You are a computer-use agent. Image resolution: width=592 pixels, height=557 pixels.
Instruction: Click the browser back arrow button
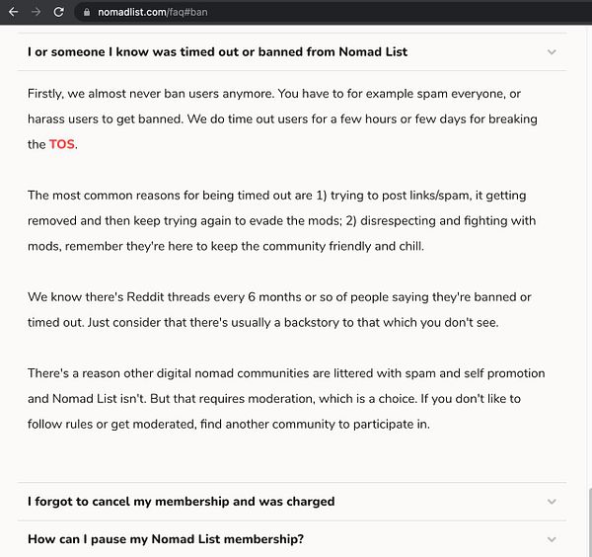13,12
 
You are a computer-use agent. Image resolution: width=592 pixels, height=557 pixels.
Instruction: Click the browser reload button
58,12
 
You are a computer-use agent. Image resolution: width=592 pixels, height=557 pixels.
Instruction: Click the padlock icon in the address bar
87,12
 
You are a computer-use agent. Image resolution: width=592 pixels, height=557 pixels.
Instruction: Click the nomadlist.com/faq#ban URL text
152,12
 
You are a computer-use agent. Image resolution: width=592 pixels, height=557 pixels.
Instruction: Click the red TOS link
62,144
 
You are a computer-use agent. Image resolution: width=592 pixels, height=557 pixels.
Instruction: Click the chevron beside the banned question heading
552,52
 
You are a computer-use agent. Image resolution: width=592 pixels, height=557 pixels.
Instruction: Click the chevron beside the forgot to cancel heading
552,502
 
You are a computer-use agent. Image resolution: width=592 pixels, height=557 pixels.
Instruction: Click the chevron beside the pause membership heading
552,539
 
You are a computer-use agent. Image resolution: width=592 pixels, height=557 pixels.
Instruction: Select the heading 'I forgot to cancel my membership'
181,502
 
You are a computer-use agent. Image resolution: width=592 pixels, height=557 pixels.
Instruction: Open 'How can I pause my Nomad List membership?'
165,539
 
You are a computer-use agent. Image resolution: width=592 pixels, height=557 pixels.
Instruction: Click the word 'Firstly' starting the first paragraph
48,93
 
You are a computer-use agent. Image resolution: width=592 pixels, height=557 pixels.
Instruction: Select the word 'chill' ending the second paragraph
406,246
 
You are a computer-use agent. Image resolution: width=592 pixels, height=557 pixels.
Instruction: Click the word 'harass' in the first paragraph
47,119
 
